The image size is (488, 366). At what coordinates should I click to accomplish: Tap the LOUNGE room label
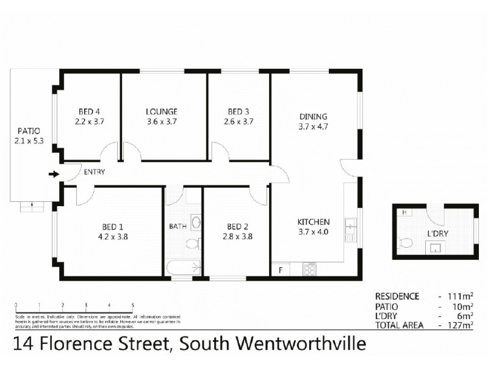coord(162,111)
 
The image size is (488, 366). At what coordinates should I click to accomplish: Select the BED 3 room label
coord(239,111)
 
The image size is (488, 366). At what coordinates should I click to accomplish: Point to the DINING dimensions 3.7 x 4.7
coord(314,127)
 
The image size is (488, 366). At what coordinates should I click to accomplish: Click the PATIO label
coord(29,131)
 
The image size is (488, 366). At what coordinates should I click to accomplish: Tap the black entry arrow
coord(54,174)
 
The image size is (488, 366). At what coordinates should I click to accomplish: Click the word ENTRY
coord(95,172)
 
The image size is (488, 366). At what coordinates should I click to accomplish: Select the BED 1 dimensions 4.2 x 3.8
coord(112,237)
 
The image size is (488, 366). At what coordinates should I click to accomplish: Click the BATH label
coord(178,226)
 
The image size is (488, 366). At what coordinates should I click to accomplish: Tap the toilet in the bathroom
coord(192,244)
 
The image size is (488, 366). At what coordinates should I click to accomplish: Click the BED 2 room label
coord(234,226)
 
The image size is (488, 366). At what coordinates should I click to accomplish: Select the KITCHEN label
coord(314,221)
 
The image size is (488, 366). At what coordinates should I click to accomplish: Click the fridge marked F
coord(280,268)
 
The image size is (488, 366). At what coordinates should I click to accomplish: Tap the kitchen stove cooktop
coord(309,268)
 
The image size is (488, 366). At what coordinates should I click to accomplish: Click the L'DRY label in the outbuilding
coord(438,233)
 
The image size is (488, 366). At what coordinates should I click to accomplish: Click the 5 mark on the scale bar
coord(132,304)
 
